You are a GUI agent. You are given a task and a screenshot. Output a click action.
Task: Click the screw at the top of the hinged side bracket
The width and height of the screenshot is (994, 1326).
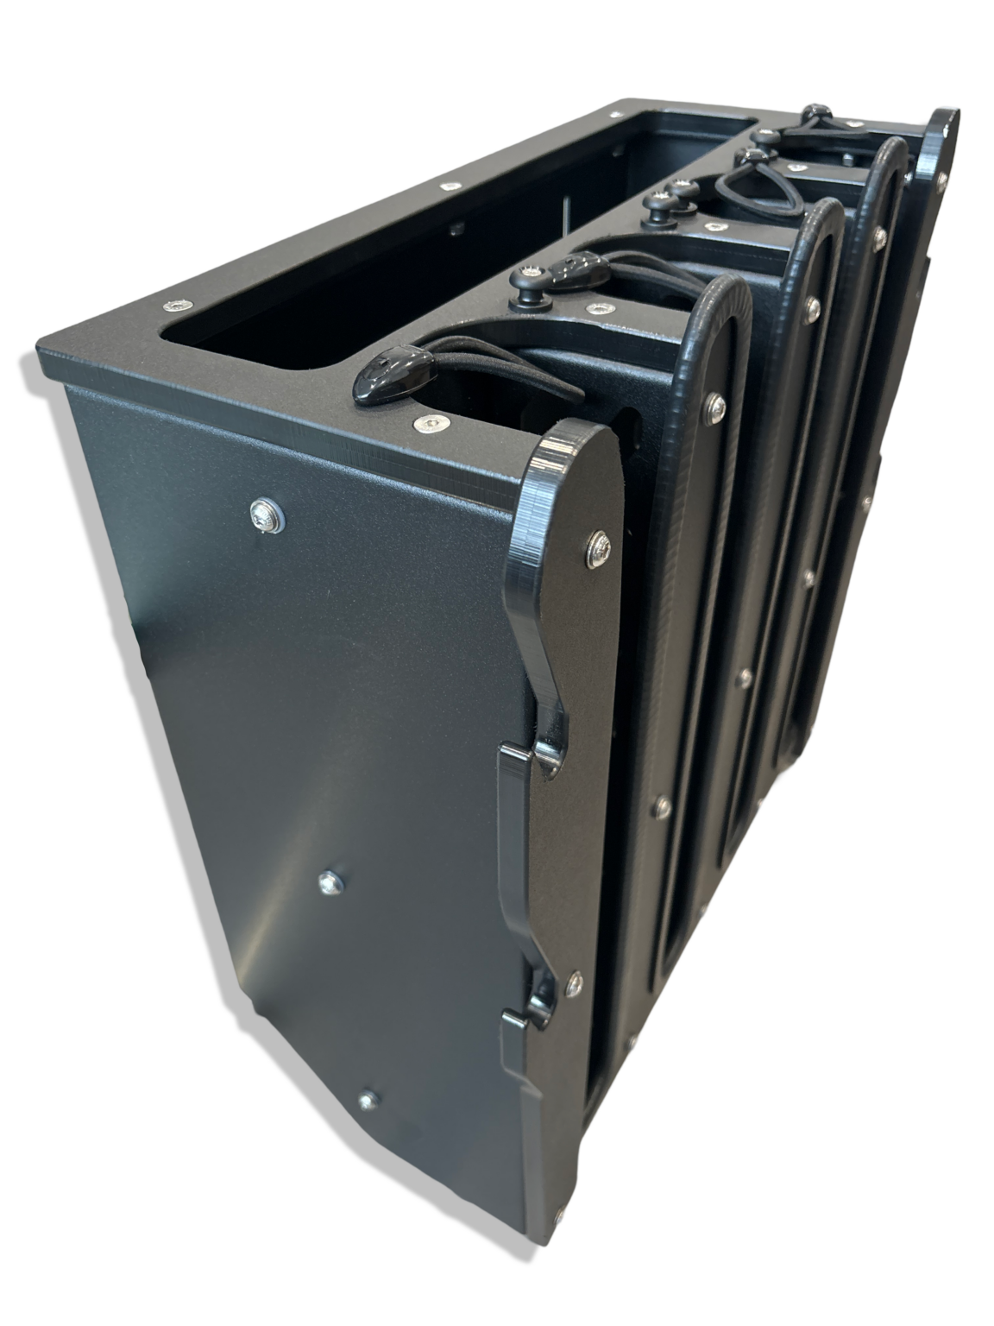tap(598, 543)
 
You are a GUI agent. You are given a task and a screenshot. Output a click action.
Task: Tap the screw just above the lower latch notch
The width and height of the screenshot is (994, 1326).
tap(573, 982)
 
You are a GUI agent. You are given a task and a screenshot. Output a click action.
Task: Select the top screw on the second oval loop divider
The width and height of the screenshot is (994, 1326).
tap(813, 304)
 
